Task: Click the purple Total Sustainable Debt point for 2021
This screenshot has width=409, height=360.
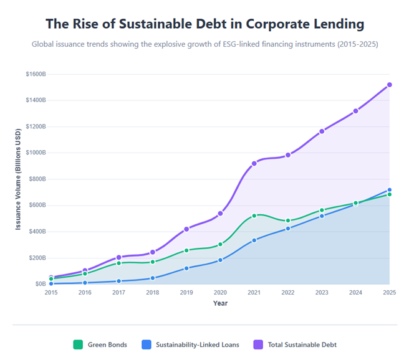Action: [x=254, y=163]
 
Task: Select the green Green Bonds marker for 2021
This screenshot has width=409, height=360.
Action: [x=254, y=216]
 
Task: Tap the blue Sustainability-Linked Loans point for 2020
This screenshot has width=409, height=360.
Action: [x=220, y=260]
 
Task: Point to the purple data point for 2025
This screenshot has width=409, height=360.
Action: [x=389, y=85]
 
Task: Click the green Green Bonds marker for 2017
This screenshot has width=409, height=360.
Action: [x=118, y=263]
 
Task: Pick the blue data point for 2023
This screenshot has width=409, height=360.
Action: [x=322, y=216]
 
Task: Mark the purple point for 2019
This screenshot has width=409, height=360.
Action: [x=186, y=229]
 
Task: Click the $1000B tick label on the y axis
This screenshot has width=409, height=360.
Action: [x=36, y=153]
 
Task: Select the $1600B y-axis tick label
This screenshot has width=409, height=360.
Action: [x=36, y=74]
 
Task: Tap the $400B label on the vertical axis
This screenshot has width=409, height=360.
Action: [x=37, y=232]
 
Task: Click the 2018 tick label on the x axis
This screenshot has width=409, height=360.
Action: [x=152, y=293]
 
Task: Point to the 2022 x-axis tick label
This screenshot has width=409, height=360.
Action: [x=287, y=293]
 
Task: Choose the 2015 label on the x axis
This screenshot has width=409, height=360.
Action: [x=51, y=293]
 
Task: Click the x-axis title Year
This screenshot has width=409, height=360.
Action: [x=220, y=303]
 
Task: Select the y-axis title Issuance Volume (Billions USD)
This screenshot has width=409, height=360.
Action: [x=19, y=179]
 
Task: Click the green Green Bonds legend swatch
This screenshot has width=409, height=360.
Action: [x=78, y=344]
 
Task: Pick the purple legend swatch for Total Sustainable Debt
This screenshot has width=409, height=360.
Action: [x=258, y=344]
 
